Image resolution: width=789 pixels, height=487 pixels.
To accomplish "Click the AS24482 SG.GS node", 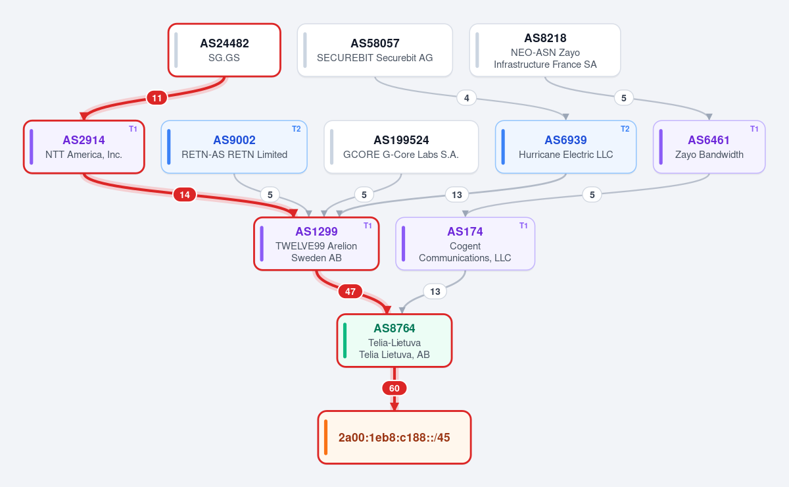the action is pyautogui.click(x=224, y=50).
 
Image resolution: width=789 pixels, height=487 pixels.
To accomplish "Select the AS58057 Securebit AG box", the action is pyautogui.click(x=375, y=50).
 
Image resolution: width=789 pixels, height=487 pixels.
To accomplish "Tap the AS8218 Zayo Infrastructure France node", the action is pyautogui.click(x=545, y=50).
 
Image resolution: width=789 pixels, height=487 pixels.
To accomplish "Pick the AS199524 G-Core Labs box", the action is pyautogui.click(x=401, y=147).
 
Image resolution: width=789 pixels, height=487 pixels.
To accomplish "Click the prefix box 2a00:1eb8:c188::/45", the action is pyautogui.click(x=394, y=437).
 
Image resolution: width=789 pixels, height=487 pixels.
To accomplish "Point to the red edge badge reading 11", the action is pyautogui.click(x=156, y=97).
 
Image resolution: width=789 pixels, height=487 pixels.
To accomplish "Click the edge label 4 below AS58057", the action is pyautogui.click(x=466, y=97).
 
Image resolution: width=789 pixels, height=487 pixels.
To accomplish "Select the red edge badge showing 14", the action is pyautogui.click(x=185, y=195).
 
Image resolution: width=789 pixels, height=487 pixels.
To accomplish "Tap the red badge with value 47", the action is pyautogui.click(x=350, y=292).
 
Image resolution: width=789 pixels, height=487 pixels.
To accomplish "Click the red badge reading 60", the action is pyautogui.click(x=394, y=388).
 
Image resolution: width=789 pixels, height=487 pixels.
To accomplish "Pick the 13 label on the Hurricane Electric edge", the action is pyautogui.click(x=457, y=195).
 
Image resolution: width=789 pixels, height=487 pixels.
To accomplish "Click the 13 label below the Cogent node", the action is pyautogui.click(x=435, y=292).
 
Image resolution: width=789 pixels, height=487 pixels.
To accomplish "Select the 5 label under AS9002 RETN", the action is pyautogui.click(x=270, y=195).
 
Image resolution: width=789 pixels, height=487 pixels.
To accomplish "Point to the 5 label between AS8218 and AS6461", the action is pyautogui.click(x=623, y=97).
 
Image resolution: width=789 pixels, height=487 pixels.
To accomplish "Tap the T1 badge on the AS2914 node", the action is pyautogui.click(x=133, y=129).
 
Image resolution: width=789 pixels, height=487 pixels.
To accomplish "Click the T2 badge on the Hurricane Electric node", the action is pyautogui.click(x=625, y=129).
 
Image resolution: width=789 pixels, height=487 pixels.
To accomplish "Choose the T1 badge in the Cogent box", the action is pyautogui.click(x=523, y=226).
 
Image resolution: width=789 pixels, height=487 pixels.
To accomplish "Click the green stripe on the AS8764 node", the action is pyautogui.click(x=345, y=340).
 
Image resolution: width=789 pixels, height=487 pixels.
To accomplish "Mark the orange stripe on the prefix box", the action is pyautogui.click(x=326, y=437).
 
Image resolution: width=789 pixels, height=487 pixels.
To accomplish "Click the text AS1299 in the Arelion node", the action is pyautogui.click(x=316, y=232).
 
